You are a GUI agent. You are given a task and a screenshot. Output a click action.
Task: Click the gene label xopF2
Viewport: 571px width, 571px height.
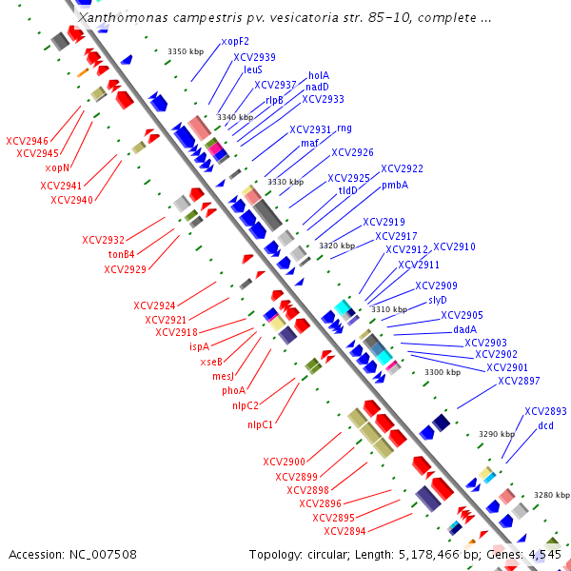point(235,42)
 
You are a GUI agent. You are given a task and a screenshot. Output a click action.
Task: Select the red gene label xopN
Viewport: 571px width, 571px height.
point(57,167)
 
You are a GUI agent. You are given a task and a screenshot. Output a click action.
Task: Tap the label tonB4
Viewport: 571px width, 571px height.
point(121,254)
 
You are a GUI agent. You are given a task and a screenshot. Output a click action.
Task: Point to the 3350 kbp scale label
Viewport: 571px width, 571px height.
point(186,51)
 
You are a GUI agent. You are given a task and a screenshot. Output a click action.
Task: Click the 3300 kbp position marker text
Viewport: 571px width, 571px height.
point(442,372)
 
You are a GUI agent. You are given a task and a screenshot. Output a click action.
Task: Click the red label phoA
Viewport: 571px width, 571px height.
point(234,390)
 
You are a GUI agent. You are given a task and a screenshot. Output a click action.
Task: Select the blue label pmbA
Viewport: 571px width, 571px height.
point(395,186)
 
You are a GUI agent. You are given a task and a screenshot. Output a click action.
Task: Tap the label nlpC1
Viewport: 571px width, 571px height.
point(261,424)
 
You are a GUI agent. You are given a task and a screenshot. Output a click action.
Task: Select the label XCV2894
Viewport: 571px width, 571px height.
point(345,531)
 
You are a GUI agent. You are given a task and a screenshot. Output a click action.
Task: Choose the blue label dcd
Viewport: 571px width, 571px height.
point(545,425)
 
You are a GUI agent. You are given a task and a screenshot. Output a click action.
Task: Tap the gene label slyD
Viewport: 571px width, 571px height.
point(438,300)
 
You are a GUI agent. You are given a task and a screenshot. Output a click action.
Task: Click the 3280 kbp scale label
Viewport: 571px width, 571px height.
point(551,495)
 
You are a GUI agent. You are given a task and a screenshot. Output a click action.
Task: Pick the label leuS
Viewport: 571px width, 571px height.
point(253,69)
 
